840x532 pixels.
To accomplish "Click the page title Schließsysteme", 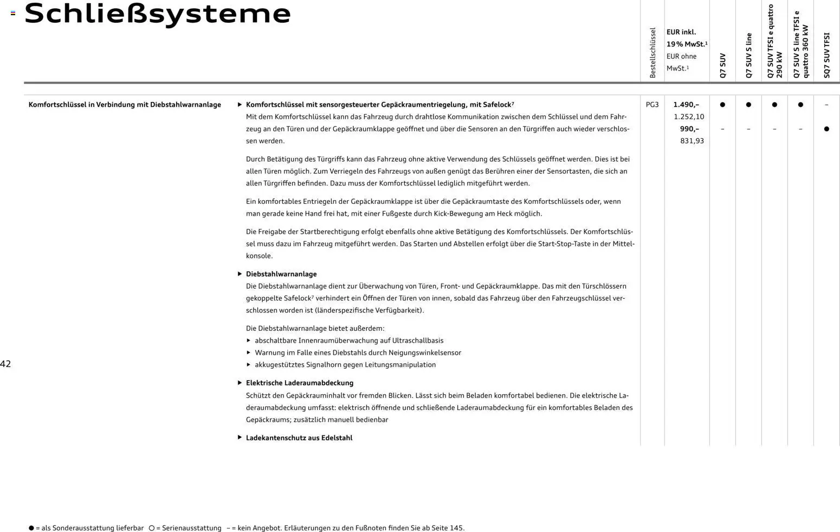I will pyautogui.click(x=158, y=14).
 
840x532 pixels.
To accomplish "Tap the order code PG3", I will pyautogui.click(x=652, y=105).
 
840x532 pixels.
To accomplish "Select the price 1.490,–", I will pyautogui.click(x=686, y=105).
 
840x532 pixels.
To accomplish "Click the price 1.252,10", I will pyautogui.click(x=689, y=117).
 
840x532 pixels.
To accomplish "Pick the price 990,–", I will pyautogui.click(x=689, y=129).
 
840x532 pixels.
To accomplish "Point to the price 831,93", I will pyautogui.click(x=692, y=141).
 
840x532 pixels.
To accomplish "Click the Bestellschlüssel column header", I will pyautogui.click(x=652, y=53).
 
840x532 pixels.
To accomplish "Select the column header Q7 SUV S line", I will pyautogui.click(x=749, y=55).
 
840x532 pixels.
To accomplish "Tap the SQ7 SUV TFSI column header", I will pyautogui.click(x=826, y=55).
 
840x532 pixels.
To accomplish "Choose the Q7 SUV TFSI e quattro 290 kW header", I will pyautogui.click(x=774, y=41).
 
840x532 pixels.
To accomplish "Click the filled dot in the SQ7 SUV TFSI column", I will pyautogui.click(x=826, y=129).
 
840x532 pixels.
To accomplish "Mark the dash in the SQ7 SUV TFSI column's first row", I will pyautogui.click(x=826, y=105).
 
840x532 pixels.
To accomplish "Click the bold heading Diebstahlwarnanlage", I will pyautogui.click(x=281, y=274).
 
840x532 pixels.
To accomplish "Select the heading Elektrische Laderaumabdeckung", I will pyautogui.click(x=300, y=383).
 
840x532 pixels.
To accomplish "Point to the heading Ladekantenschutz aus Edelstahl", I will pyautogui.click(x=299, y=438).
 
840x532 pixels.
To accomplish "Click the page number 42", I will pyautogui.click(x=5, y=364).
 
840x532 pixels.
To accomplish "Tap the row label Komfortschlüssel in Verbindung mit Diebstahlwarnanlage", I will pyautogui.click(x=125, y=105).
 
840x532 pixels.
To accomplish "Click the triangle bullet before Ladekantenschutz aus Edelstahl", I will pyautogui.click(x=240, y=437).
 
